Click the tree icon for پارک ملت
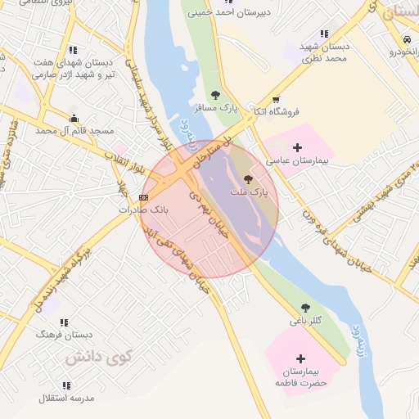[248, 178]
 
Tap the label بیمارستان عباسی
[300, 161]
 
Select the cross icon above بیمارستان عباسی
[296, 147]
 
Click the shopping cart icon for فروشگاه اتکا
[275, 99]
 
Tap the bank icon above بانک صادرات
[143, 197]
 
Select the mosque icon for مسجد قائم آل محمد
[74, 118]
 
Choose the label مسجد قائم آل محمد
[74, 131]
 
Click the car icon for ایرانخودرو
[407, 39]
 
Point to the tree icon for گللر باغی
[305, 308]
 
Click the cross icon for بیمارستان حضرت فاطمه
[300, 358]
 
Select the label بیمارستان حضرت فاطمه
[300, 377]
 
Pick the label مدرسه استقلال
[66, 398]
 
